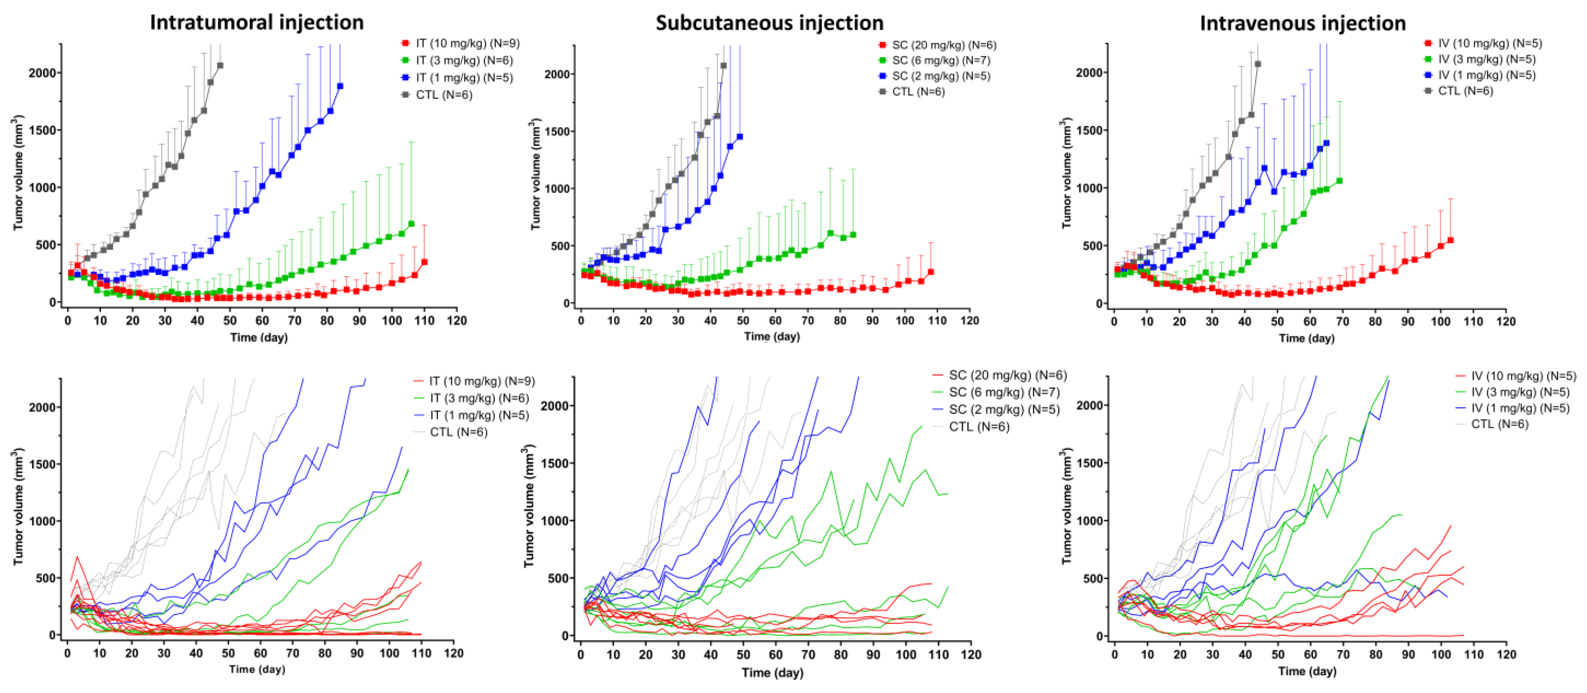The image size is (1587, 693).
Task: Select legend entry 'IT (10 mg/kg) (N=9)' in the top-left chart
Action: coord(467,43)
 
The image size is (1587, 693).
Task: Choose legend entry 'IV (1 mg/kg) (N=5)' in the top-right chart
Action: coord(1486,75)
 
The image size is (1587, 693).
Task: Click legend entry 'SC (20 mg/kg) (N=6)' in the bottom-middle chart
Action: coord(1007,375)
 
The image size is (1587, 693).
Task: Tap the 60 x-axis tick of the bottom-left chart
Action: coord(261,653)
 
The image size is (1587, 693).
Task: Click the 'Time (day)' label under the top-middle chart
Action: coord(772,336)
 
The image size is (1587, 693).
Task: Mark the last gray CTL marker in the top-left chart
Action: coord(220,65)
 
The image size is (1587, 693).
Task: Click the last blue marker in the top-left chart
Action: coord(340,86)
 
